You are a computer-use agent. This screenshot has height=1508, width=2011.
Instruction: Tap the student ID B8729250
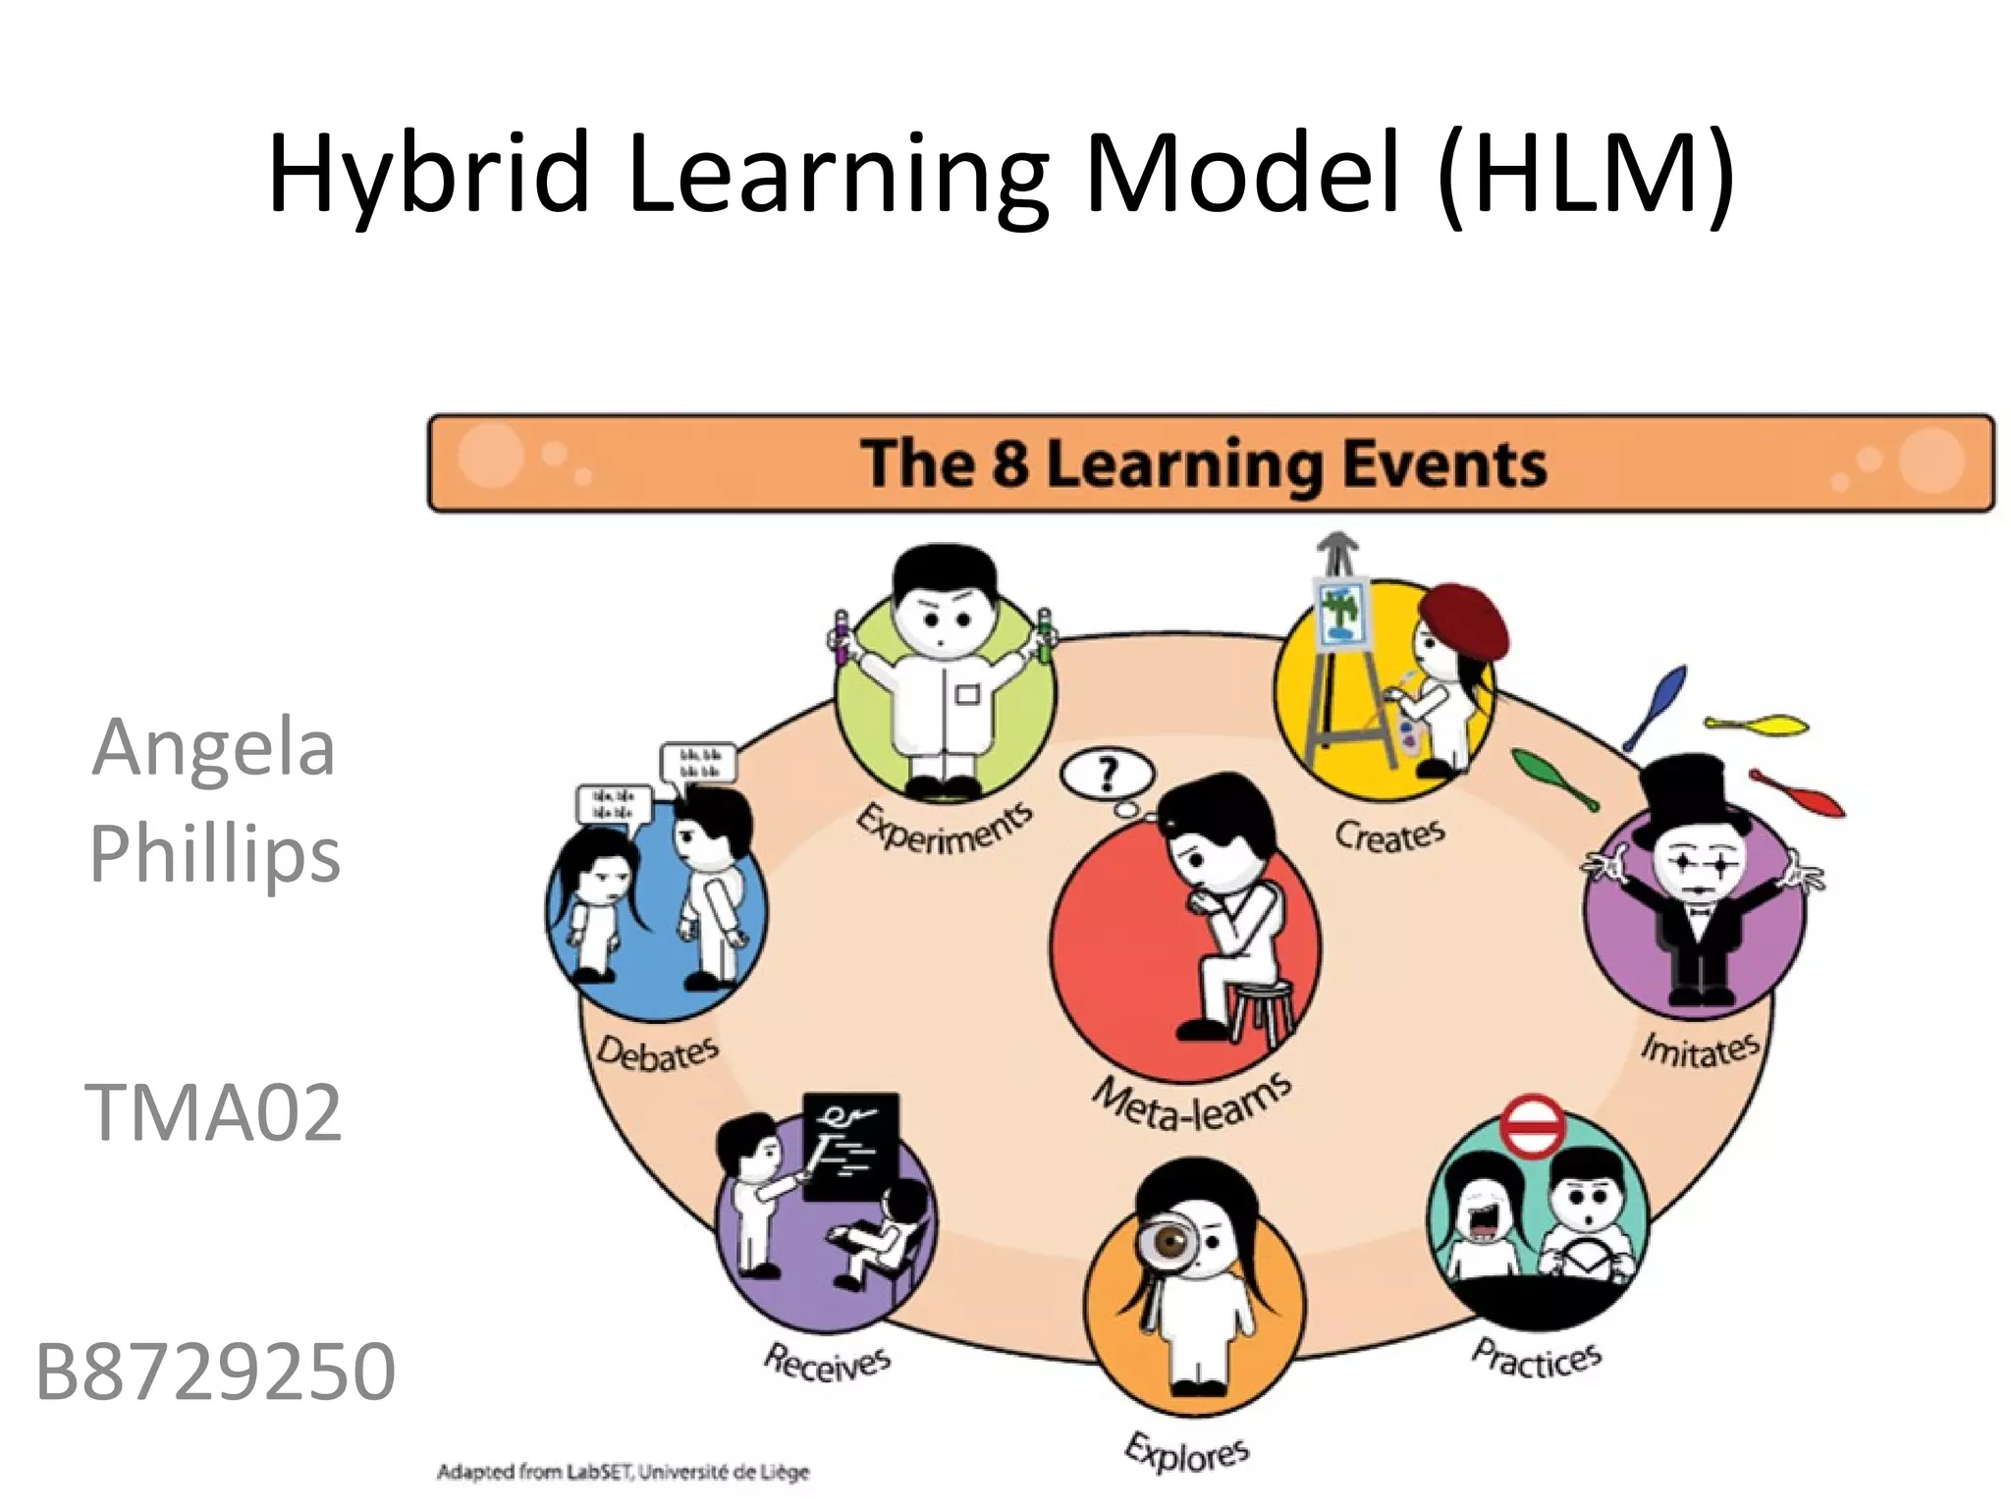[x=215, y=1372]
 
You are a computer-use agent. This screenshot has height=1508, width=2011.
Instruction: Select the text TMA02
[x=214, y=1112]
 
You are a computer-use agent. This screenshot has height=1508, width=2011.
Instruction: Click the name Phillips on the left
[x=215, y=854]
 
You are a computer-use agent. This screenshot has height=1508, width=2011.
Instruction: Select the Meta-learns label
[x=1192, y=1103]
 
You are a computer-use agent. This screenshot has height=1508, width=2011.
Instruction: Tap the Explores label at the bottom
[x=1187, y=1452]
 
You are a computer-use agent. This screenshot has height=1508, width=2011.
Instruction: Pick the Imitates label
[x=1701, y=1050]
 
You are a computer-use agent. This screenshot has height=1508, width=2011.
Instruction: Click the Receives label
[x=828, y=1363]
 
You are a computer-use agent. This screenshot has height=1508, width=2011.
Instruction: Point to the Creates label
[x=1389, y=835]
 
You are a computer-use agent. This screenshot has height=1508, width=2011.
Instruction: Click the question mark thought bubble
[x=1108, y=776]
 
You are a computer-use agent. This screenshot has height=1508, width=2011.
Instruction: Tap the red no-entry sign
[x=1533, y=1127]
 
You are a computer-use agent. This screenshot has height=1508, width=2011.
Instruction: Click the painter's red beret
[x=1465, y=621]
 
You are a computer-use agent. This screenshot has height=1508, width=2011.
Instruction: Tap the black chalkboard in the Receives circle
[x=850, y=1144]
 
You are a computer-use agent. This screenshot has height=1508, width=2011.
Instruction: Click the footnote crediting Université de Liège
[x=624, y=1472]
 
